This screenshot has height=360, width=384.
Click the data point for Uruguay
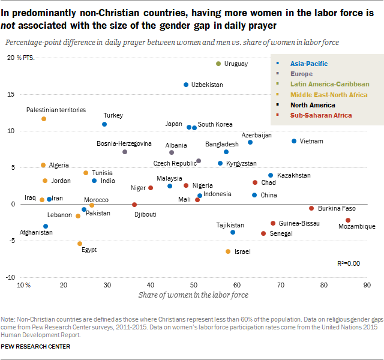pos(218,64)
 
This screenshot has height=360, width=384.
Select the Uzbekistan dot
pos(186,85)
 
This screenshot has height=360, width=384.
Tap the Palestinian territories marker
pos(44,119)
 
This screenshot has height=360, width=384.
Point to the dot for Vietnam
pos(294,141)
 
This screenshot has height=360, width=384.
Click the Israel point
pos(228,251)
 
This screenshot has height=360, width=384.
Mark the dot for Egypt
pos(80,244)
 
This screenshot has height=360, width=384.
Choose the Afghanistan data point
pos(46,226)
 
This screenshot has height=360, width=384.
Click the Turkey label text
pos(113,115)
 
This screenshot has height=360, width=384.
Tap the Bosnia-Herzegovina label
pos(124,144)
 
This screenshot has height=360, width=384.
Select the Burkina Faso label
pos(337,208)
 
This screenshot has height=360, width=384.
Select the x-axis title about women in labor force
pos(193,295)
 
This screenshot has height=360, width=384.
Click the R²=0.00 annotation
pos(349,263)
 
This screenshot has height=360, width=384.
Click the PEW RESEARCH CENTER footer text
pos(35,346)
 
